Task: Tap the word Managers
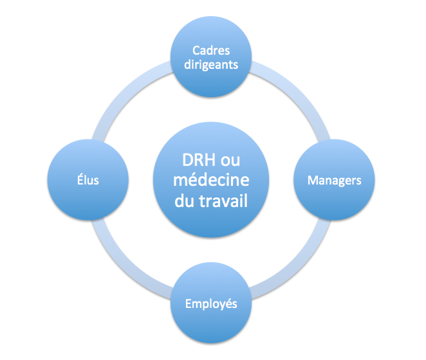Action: tap(334, 180)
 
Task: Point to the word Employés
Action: tap(211, 303)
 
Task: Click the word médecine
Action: tap(212, 181)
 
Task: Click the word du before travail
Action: tap(184, 201)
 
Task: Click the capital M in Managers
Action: tap(313, 180)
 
